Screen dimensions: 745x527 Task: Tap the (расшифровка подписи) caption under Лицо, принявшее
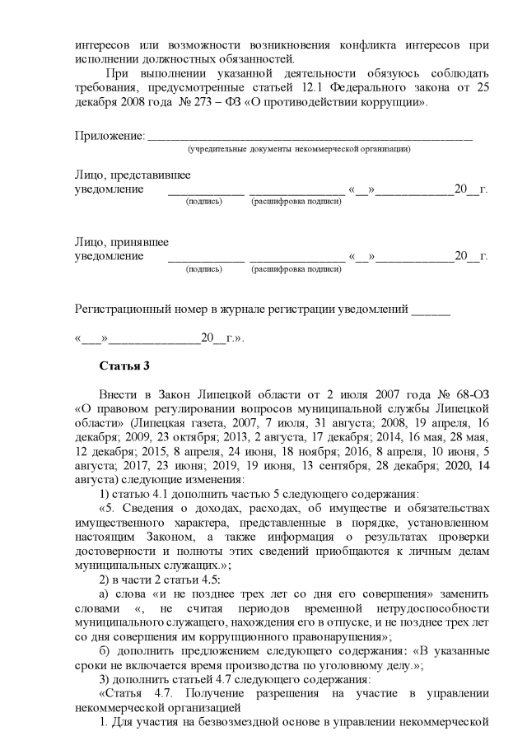[x=296, y=268]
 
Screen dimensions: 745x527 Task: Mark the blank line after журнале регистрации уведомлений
[x=431, y=312]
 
